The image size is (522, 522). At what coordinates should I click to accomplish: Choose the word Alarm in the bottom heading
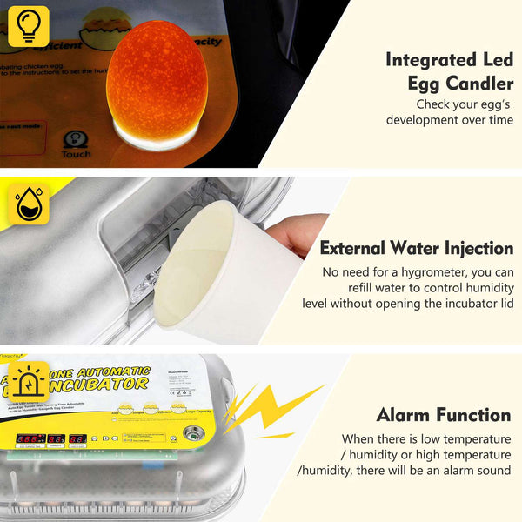pyautogui.click(x=406, y=415)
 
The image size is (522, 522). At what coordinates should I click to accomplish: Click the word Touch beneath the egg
pyautogui.click(x=76, y=155)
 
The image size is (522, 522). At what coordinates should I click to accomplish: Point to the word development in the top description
pyautogui.click(x=421, y=120)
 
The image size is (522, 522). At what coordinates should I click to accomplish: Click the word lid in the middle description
pyautogui.click(x=504, y=303)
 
